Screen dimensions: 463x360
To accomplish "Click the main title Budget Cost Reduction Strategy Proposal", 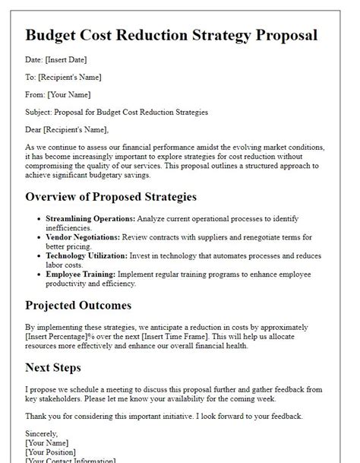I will point(171,36).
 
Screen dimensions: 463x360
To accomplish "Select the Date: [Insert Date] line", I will point(55,59).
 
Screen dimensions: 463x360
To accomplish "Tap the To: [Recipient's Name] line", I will point(63,77).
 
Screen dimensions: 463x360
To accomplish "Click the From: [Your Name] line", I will point(58,94).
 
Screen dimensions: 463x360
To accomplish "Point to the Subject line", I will point(116,113).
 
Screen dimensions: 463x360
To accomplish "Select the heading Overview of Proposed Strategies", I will point(111,197).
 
